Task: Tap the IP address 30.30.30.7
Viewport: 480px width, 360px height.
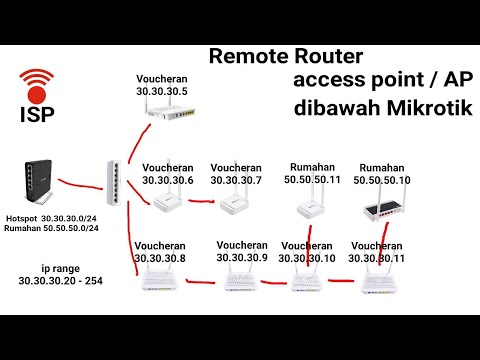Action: click(237, 180)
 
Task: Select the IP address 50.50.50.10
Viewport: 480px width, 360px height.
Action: click(385, 180)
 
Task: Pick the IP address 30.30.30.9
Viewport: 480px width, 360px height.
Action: click(241, 257)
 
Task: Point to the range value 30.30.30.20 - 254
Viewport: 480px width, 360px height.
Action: click(60, 283)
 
